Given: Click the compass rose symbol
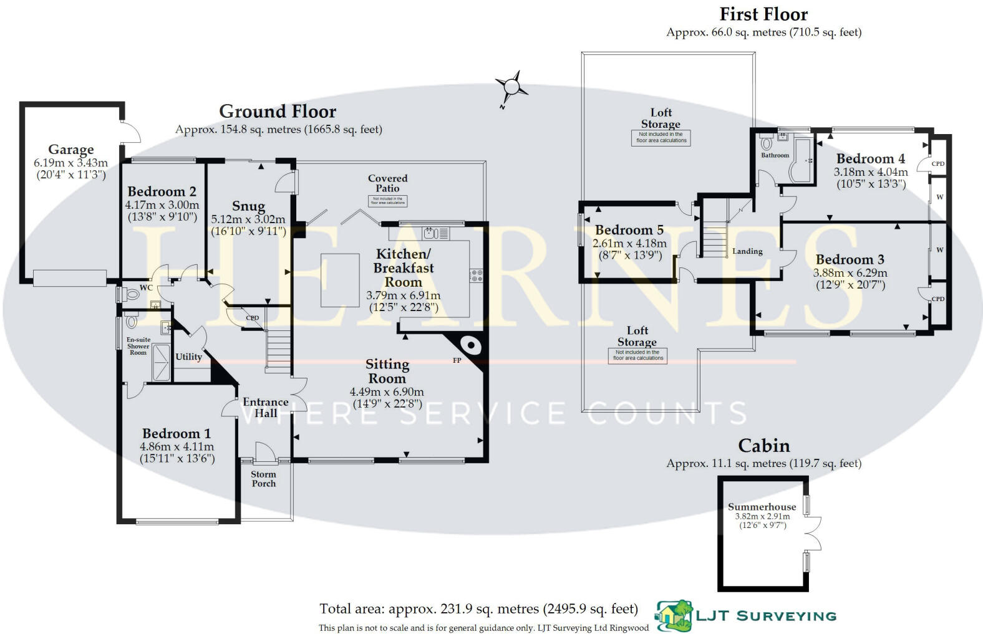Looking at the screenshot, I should point(511,87).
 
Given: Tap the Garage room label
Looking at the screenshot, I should point(71,150).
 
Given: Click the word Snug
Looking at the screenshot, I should point(248,206).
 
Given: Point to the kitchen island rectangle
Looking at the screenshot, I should point(340,280).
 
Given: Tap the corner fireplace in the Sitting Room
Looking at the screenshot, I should point(469,345).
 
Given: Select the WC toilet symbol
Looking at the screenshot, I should point(132,294).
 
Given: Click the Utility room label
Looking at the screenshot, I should point(188,357).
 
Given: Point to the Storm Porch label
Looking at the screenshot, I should point(263,479).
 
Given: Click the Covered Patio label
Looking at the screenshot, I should point(387,183).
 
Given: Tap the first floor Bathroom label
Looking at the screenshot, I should point(775,155).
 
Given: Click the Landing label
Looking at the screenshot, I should point(747,251).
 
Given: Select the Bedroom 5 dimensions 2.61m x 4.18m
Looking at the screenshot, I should point(629,243).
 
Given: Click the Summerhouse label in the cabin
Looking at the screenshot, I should point(762,507).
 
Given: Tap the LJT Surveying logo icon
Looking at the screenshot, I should point(674,616).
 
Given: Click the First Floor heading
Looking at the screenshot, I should point(763,14).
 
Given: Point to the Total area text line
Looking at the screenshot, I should point(478,609).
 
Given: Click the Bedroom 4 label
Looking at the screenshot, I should point(870,159).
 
